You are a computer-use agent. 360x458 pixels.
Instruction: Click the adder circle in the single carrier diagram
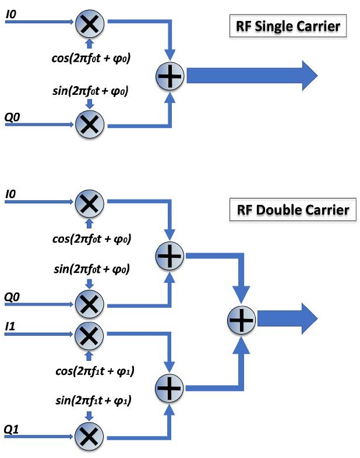170,76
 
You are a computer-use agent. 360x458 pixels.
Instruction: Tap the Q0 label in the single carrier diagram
12,117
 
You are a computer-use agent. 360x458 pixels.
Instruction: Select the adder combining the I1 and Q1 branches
170,385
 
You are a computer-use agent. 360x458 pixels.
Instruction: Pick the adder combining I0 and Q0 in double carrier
170,254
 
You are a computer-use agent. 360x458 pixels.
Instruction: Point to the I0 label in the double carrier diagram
10,194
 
